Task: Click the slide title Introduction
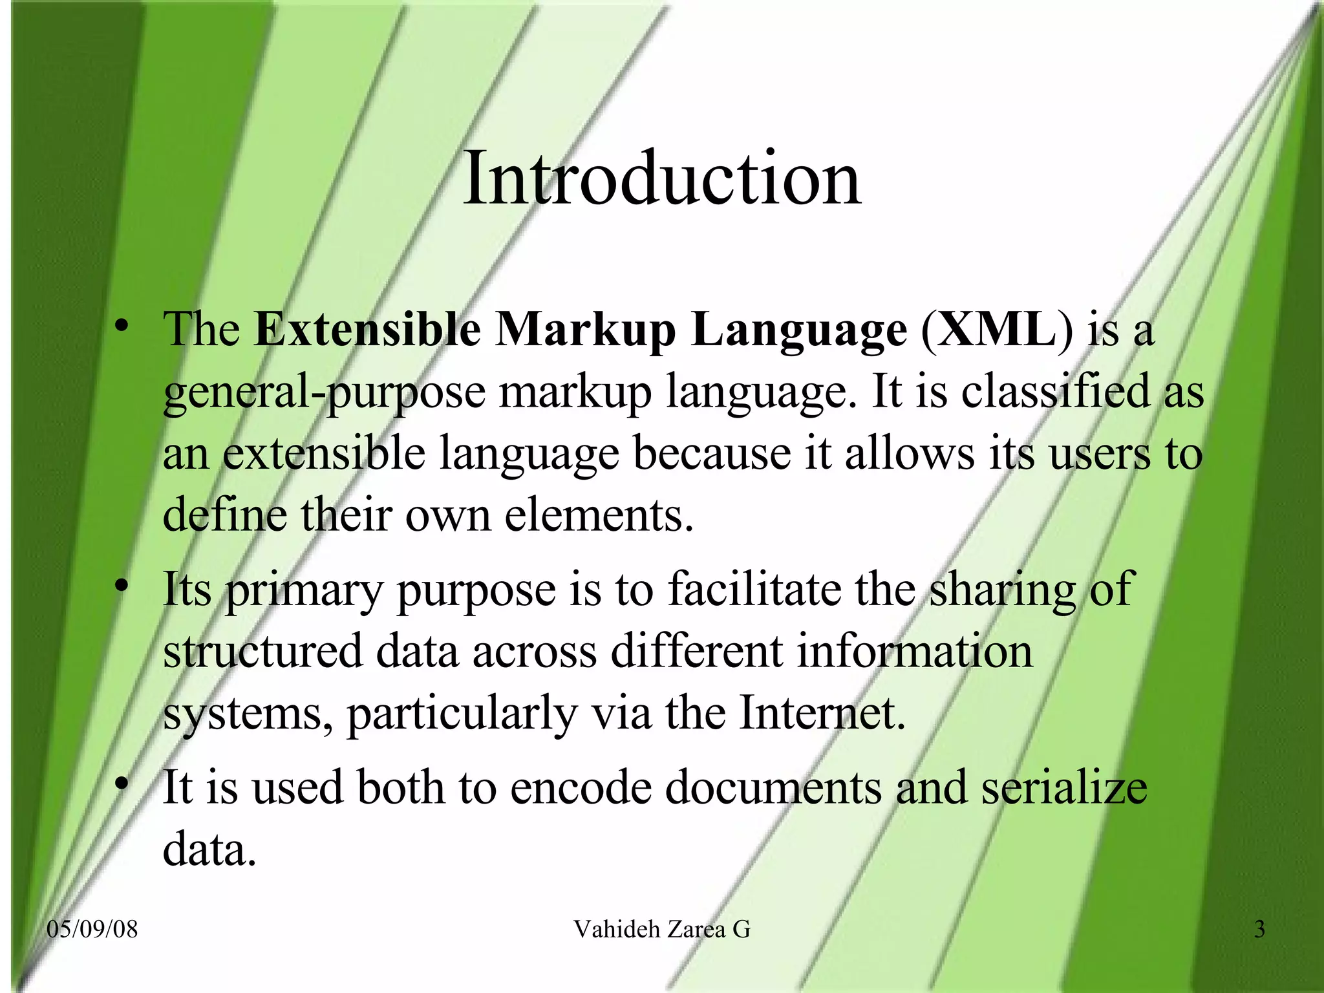pos(661,177)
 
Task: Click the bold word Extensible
pos(367,330)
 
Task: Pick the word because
pos(711,454)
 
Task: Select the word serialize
pos(1064,787)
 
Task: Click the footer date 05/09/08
pos(92,930)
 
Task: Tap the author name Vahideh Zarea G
pos(661,930)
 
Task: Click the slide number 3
pos(1259,930)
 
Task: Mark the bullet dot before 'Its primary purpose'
pos(121,587)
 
